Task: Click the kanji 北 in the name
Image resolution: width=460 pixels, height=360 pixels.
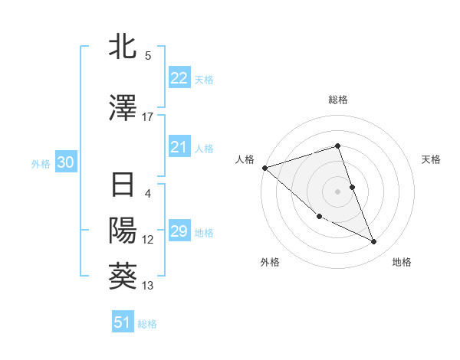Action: click(x=123, y=47)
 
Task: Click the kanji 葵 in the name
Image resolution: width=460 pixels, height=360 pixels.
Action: click(x=123, y=277)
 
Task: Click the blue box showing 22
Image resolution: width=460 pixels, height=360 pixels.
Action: click(x=179, y=78)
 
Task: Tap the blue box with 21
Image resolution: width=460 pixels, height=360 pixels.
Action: click(x=179, y=147)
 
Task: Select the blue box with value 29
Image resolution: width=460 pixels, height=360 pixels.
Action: click(x=179, y=231)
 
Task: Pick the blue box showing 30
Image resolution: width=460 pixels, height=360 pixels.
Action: click(x=65, y=162)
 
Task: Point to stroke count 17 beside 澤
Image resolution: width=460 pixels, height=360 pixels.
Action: click(x=148, y=117)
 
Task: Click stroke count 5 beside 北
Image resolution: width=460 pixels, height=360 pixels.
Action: click(x=148, y=55)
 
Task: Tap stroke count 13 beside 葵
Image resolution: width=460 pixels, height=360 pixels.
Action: click(x=148, y=286)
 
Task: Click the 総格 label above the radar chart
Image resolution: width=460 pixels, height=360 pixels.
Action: click(x=337, y=100)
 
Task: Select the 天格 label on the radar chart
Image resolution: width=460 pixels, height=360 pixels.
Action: click(x=432, y=159)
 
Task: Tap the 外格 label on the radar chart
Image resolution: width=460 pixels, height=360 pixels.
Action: click(x=270, y=263)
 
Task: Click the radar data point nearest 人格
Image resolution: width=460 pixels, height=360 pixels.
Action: click(x=264, y=167)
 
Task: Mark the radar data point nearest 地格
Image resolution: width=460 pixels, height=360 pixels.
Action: click(x=374, y=242)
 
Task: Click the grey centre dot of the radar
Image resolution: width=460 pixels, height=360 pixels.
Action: click(x=337, y=191)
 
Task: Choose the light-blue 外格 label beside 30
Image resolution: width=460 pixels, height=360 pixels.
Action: click(x=41, y=163)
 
